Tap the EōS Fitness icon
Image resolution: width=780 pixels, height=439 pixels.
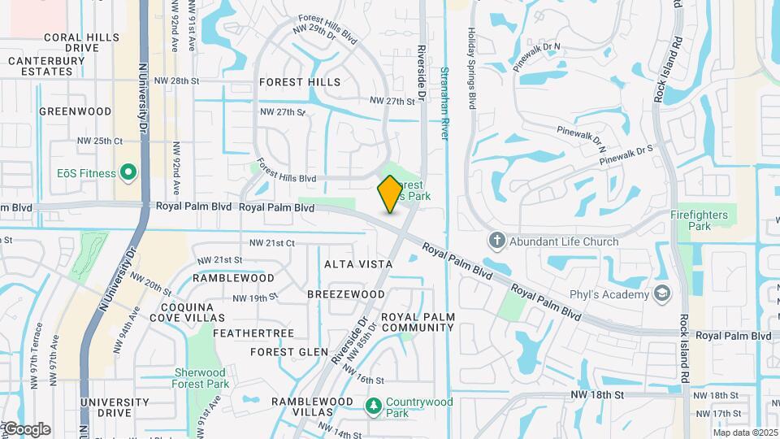pyautogui.click(x=128, y=172)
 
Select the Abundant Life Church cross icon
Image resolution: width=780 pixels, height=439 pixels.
pyautogui.click(x=496, y=241)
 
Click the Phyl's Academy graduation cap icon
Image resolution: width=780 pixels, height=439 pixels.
pyautogui.click(x=663, y=293)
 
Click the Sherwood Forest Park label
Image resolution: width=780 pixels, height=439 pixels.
pyautogui.click(x=201, y=378)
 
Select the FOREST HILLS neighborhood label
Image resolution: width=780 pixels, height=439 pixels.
pyautogui.click(x=300, y=82)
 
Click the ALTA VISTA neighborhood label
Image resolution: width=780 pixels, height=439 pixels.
pyautogui.click(x=358, y=264)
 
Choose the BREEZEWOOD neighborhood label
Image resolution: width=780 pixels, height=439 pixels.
pyautogui.click(x=346, y=293)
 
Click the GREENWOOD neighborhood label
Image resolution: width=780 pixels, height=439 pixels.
pyautogui.click(x=75, y=111)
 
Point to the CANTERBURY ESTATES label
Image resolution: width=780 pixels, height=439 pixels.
pyautogui.click(x=41, y=66)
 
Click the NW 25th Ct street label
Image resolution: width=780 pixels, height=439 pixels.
pyautogui.click(x=99, y=141)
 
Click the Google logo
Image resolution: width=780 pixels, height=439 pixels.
pyautogui.click(x=26, y=429)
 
